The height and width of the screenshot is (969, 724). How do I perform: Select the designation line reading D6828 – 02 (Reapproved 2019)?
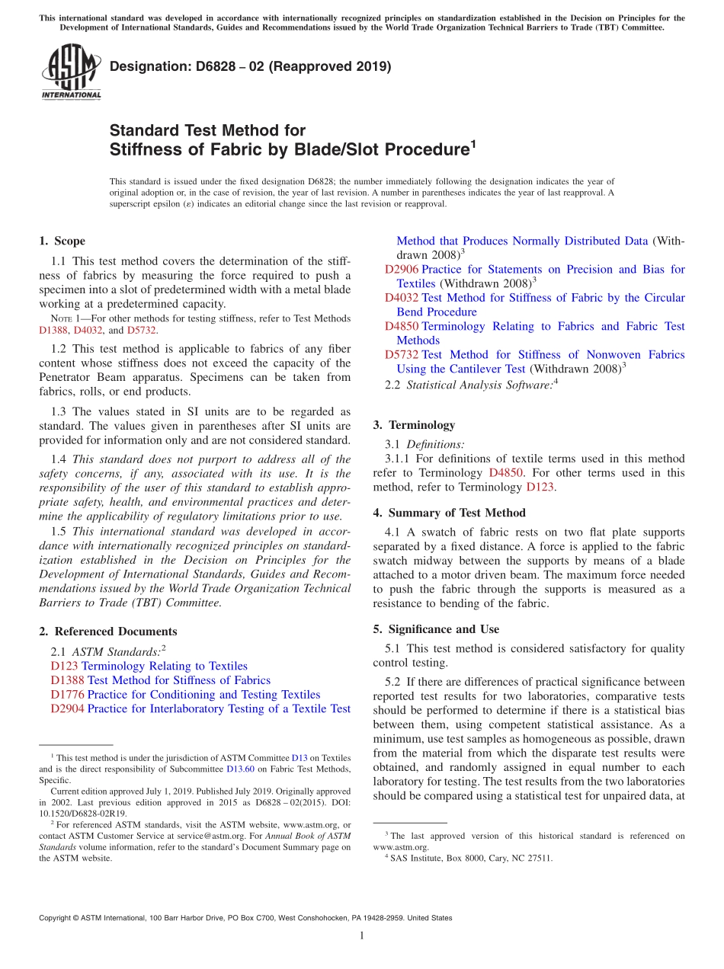250,67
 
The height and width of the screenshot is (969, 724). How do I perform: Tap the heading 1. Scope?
62,241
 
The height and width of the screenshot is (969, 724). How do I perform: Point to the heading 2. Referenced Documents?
107,632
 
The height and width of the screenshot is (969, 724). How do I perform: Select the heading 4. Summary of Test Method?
449,513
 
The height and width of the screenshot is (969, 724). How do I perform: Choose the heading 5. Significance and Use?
436,629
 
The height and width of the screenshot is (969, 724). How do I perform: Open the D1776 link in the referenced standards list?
67,695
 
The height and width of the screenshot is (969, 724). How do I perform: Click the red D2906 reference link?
401,270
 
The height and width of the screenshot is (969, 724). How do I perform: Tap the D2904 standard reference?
67,709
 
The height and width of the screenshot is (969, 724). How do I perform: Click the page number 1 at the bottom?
362,936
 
